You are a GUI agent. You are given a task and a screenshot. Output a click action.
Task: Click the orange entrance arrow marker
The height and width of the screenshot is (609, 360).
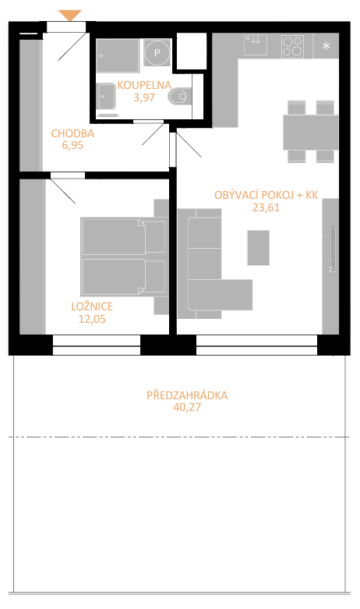coord(70,15)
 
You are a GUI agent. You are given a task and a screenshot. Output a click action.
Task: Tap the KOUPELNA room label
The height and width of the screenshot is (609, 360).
coord(144,85)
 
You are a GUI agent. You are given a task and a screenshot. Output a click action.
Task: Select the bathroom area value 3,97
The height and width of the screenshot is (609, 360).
coord(144,97)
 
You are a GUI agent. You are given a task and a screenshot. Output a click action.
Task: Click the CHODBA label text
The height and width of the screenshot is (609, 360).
coord(72,133)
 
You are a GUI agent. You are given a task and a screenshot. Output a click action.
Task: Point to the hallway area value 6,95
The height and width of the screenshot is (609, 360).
coord(72,146)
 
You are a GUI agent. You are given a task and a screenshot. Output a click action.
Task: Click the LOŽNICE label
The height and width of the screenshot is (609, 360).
coord(92,306)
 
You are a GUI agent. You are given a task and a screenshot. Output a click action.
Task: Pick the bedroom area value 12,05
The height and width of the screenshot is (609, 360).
coord(92,319)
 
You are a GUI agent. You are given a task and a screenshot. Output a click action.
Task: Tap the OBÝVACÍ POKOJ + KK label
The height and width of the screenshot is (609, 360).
coord(266,195)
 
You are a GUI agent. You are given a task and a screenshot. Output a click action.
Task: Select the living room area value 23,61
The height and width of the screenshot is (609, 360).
coord(266,207)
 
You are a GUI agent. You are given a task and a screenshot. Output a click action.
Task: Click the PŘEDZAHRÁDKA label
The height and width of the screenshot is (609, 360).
coord(187,395)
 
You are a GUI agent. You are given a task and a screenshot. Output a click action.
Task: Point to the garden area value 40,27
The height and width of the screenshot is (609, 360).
coord(187,407)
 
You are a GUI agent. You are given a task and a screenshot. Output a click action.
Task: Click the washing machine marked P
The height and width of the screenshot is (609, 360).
coord(157,53)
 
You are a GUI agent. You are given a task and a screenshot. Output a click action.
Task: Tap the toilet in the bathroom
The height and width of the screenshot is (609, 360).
coord(179,97)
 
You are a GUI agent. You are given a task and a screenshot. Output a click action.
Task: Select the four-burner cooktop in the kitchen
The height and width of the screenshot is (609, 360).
coord(292,46)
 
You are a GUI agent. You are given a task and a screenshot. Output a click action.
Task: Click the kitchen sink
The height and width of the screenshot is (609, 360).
coord(256,44)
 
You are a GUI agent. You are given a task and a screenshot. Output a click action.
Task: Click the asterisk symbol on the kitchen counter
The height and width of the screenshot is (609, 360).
coord(326,46)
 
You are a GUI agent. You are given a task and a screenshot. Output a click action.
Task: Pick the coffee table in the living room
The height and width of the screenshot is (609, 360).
coord(259,248)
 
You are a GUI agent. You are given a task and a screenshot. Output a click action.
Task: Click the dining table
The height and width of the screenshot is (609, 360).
coord(310,132)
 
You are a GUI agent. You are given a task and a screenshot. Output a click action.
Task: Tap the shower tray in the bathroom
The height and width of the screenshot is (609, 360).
coord(118,55)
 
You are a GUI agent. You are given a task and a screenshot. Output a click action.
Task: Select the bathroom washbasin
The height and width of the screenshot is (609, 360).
coord(106,97)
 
